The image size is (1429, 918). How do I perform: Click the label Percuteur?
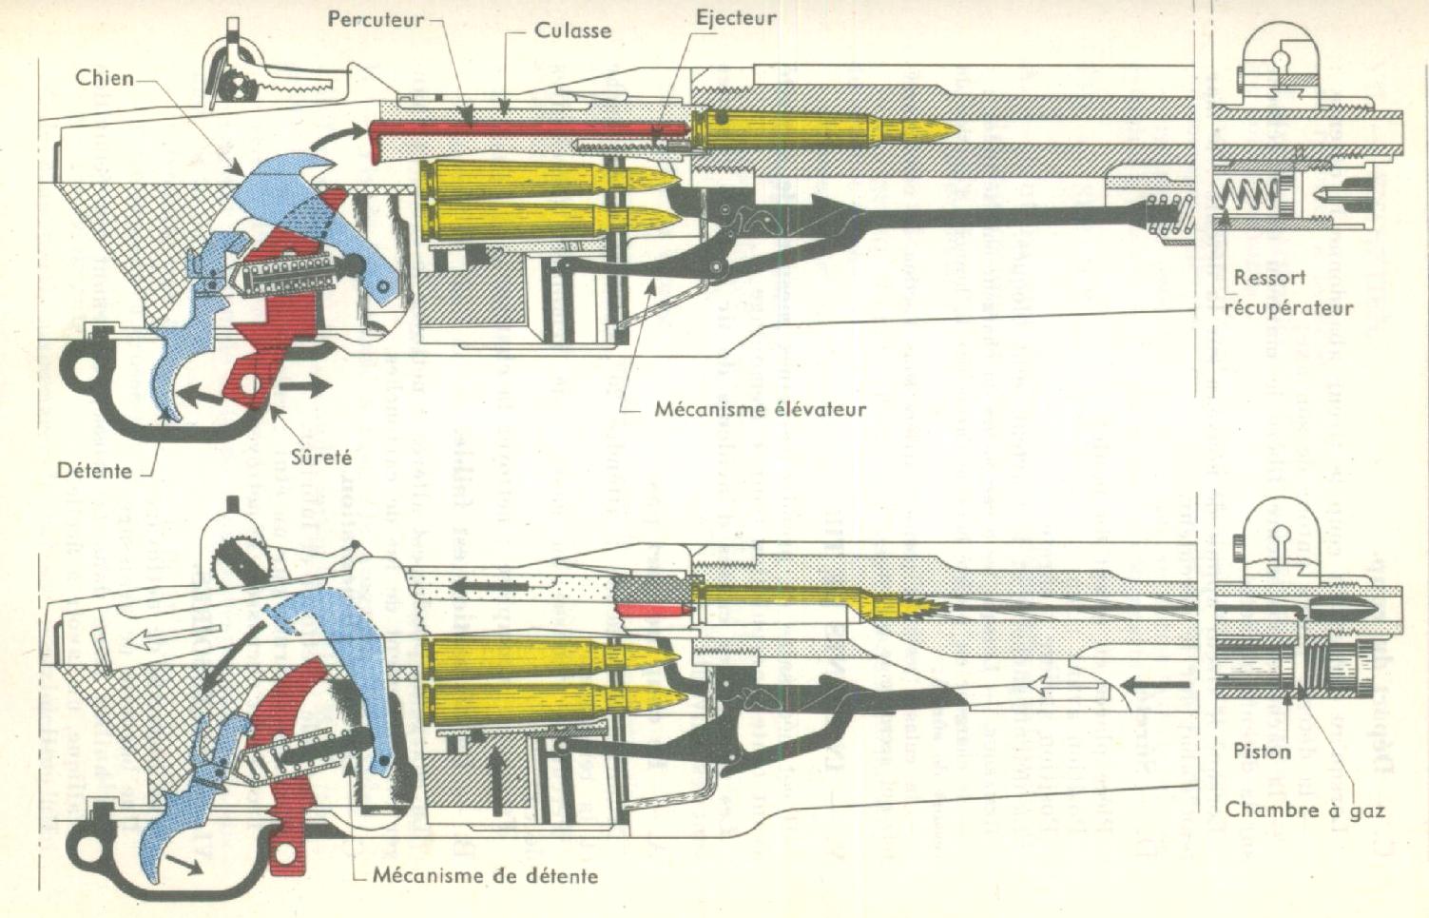point(376,20)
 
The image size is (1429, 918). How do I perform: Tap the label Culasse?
point(572,30)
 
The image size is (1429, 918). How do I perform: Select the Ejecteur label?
point(735,18)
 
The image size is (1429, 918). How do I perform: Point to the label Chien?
point(105,78)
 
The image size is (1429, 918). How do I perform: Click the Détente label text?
point(94,470)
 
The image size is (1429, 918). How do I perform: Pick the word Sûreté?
point(320,458)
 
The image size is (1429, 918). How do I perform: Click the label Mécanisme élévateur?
point(760,410)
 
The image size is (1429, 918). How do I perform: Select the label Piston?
point(1262,751)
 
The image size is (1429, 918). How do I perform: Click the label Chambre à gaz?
point(1303,810)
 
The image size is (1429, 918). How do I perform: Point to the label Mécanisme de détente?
point(485,874)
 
